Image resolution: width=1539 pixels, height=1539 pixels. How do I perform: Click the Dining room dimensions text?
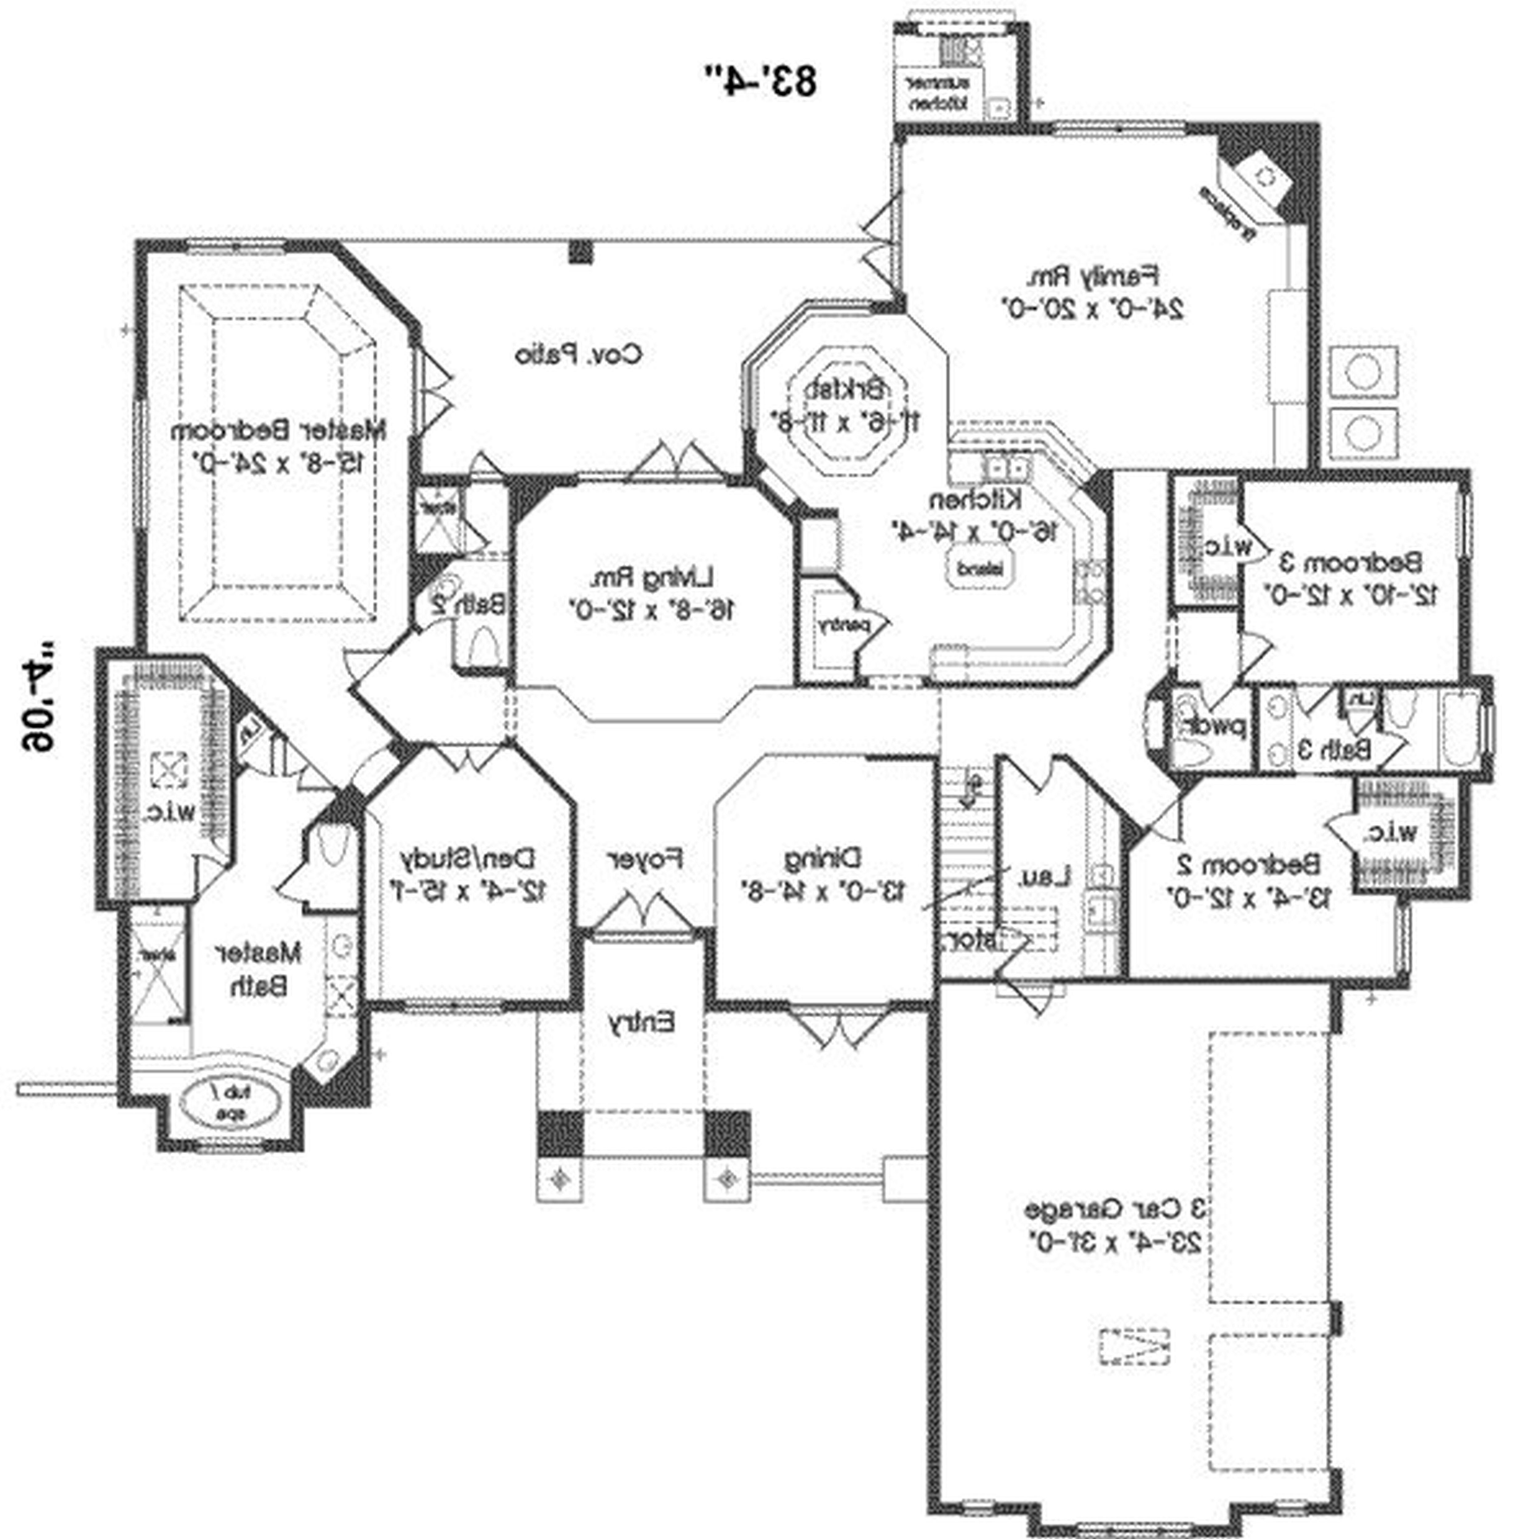coord(823,890)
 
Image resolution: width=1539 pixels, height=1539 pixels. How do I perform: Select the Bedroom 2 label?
coord(1248,864)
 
